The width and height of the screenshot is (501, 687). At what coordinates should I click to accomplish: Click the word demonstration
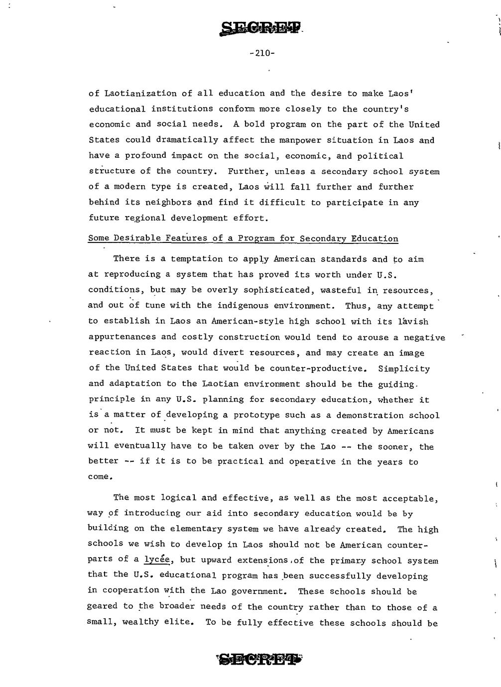(370, 415)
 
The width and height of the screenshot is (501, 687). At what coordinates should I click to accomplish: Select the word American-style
(243, 322)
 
